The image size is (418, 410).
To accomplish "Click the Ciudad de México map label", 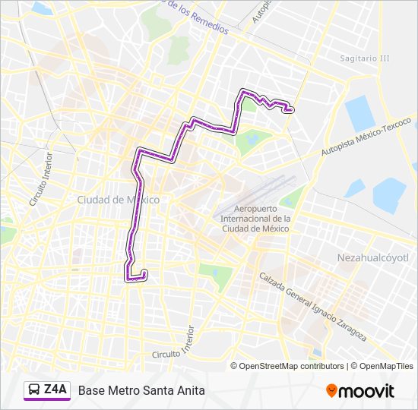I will [118, 200].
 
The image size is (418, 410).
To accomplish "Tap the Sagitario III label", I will [365, 58].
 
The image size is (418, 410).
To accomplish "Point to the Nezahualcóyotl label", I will [372, 258].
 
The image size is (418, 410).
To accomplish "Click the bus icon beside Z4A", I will [35, 390].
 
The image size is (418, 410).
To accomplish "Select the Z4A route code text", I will [55, 390].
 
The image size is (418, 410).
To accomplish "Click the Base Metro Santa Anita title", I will [141, 391].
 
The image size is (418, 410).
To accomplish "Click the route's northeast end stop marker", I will [289, 110].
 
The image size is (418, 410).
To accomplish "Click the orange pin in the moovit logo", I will [332, 391].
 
